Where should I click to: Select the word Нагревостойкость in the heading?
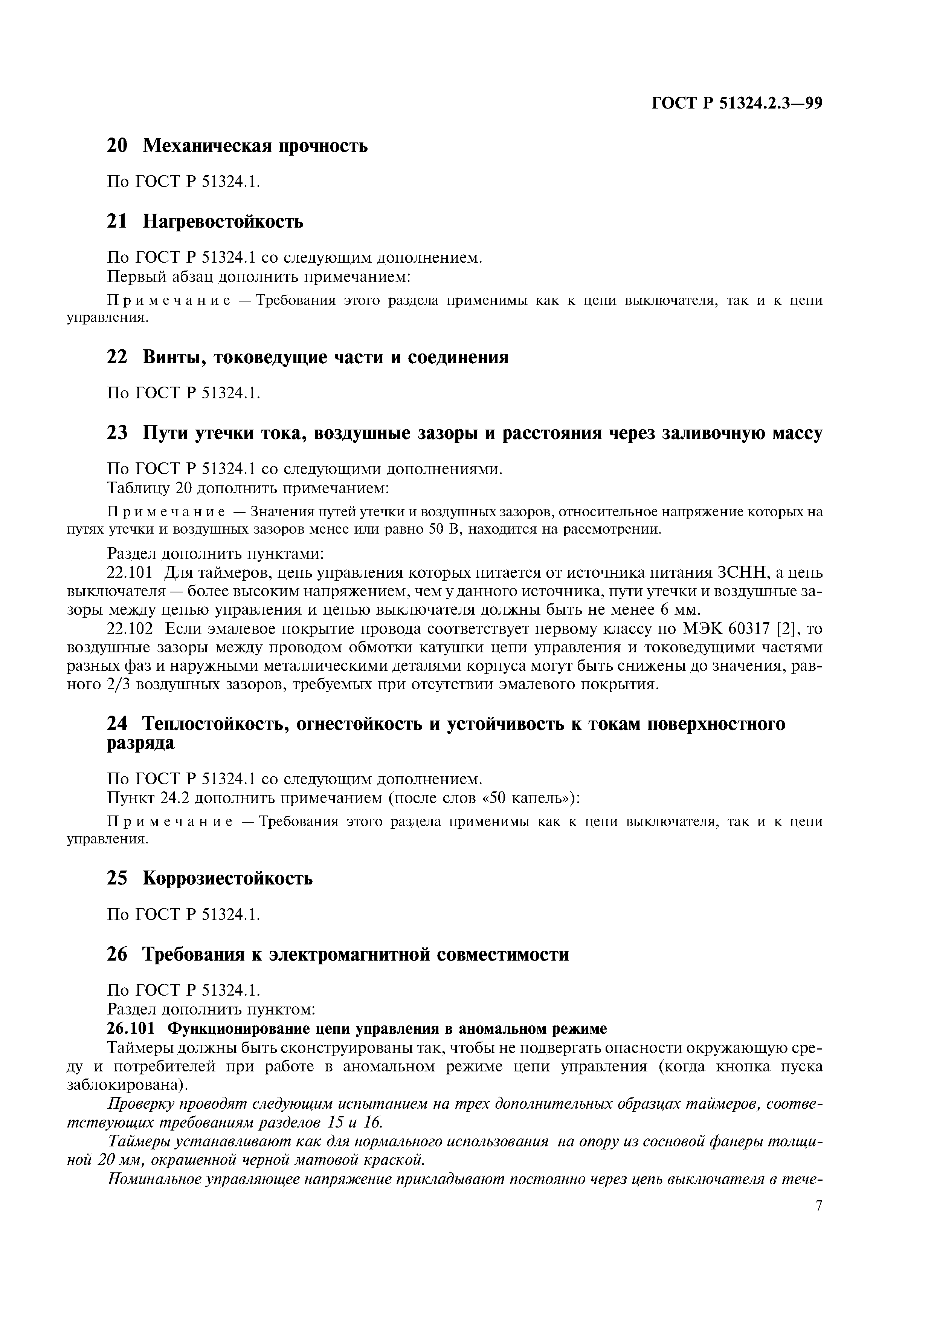(223, 222)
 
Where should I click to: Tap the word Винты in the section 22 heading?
(174, 358)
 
